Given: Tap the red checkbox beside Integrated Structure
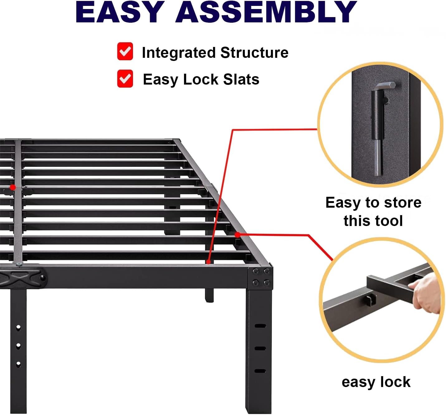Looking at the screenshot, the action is tap(125, 51).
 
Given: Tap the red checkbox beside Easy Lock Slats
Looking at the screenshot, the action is tap(125, 78).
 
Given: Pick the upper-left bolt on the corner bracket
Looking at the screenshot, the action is tap(255, 271).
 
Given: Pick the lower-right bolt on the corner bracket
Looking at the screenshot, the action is tap(267, 283).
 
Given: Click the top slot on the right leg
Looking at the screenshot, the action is tap(260, 326).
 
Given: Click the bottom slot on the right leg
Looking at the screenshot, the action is tap(260, 371).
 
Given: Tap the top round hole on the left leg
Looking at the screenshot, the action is tap(18, 328).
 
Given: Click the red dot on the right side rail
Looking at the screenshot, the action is tap(238, 235).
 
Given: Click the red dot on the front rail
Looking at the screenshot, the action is tap(208, 262).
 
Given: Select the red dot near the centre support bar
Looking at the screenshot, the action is tap(13, 187).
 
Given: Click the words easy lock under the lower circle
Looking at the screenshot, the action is tap(376, 382).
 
